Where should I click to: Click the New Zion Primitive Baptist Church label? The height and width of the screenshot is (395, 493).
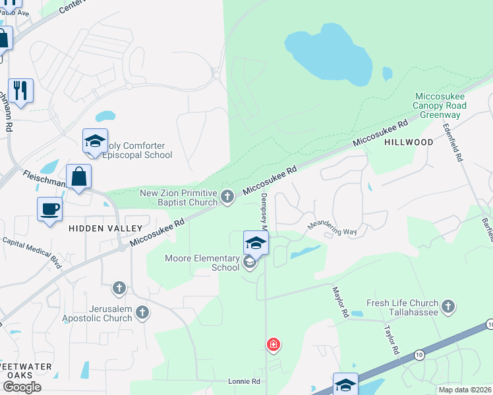pos(178,197)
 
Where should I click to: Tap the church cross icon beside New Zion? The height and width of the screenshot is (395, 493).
pos(227,196)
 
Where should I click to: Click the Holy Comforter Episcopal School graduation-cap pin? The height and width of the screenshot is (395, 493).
pos(95,142)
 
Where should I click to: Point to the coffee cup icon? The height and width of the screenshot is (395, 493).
pos(50,210)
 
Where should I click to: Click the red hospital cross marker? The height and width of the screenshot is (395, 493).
pos(273,344)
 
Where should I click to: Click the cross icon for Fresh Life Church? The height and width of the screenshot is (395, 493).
pos(448,306)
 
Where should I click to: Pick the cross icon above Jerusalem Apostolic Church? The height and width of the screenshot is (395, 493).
pos(119,288)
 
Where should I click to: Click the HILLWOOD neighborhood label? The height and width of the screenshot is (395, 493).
pos(409,142)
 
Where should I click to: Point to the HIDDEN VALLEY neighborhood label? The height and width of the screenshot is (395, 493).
pos(105,228)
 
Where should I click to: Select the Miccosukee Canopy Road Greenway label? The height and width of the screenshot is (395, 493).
pos(440,105)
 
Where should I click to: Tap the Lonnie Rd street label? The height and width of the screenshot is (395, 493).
pos(244,381)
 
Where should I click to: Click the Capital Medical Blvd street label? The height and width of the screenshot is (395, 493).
pos(32,253)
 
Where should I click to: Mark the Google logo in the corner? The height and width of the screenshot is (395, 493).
pos(21,387)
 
